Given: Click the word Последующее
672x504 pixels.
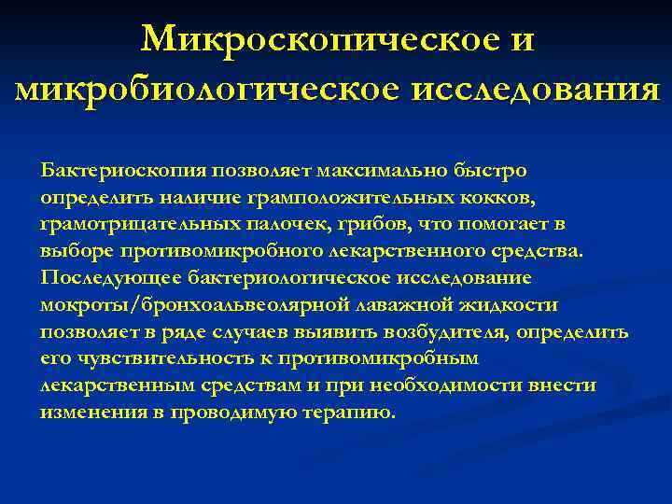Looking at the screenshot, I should coord(111,278).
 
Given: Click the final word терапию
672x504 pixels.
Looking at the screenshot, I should coord(352,413).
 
